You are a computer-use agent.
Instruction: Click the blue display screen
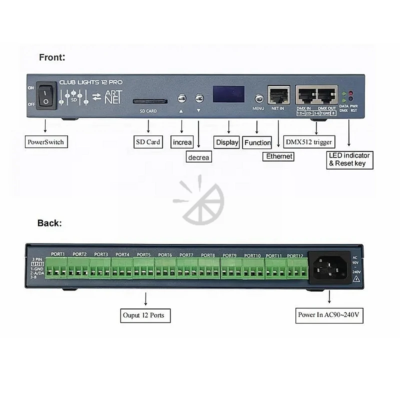point(228,94)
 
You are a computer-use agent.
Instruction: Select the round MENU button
point(259,98)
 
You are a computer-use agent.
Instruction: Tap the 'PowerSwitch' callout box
point(45,142)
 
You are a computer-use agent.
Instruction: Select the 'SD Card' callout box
point(148,142)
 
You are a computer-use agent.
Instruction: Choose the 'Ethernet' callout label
point(279,156)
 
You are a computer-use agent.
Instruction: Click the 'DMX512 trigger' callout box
point(309,142)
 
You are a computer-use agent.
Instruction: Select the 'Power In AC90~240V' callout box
point(329,315)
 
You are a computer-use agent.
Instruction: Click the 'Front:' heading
point(52,57)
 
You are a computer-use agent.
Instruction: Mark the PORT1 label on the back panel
point(58,254)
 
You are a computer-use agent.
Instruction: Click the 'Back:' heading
point(49,223)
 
